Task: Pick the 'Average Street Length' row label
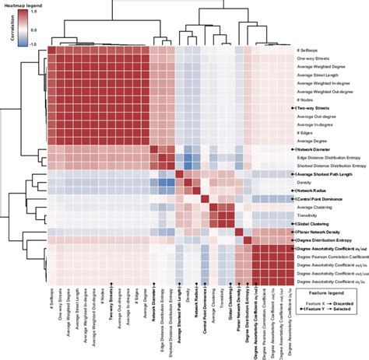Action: coord(318,78)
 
